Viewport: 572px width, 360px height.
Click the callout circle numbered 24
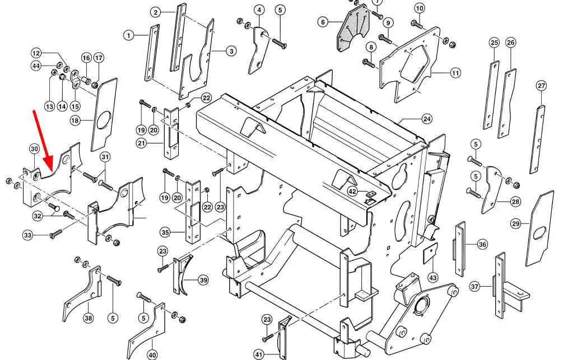(427, 119)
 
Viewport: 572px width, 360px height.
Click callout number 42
(352, 191)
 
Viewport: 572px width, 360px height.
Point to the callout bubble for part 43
(433, 278)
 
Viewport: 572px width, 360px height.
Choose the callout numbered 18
(75, 120)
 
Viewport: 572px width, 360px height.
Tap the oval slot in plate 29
(540, 233)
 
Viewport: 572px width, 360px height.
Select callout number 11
(455, 73)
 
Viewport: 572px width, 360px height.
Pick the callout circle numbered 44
(36, 66)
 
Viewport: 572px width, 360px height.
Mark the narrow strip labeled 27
(537, 139)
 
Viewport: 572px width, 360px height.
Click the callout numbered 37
(474, 287)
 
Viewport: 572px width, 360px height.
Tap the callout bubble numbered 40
(152, 354)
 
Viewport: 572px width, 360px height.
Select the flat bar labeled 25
(491, 95)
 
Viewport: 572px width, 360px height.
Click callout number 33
(27, 235)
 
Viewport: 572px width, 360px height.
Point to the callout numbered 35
(165, 232)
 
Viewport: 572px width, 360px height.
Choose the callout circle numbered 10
(420, 8)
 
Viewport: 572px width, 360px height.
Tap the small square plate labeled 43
(430, 254)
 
